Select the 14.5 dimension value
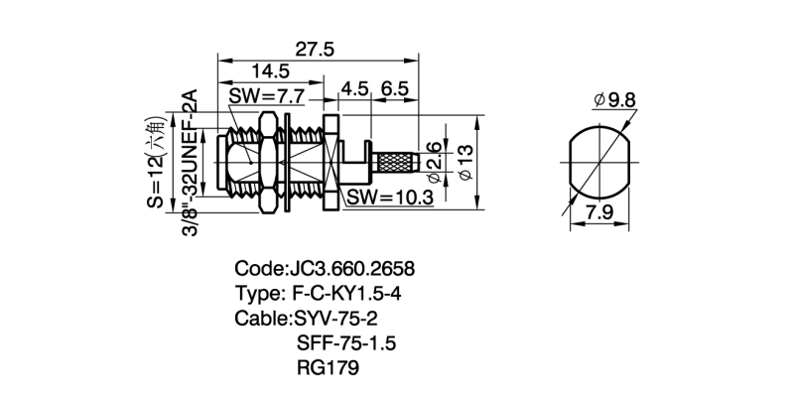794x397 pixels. [x=270, y=71]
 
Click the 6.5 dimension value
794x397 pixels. [x=394, y=88]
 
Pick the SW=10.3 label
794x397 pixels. [x=390, y=198]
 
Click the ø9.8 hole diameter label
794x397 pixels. [x=616, y=100]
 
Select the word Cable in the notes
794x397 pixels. [x=260, y=319]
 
